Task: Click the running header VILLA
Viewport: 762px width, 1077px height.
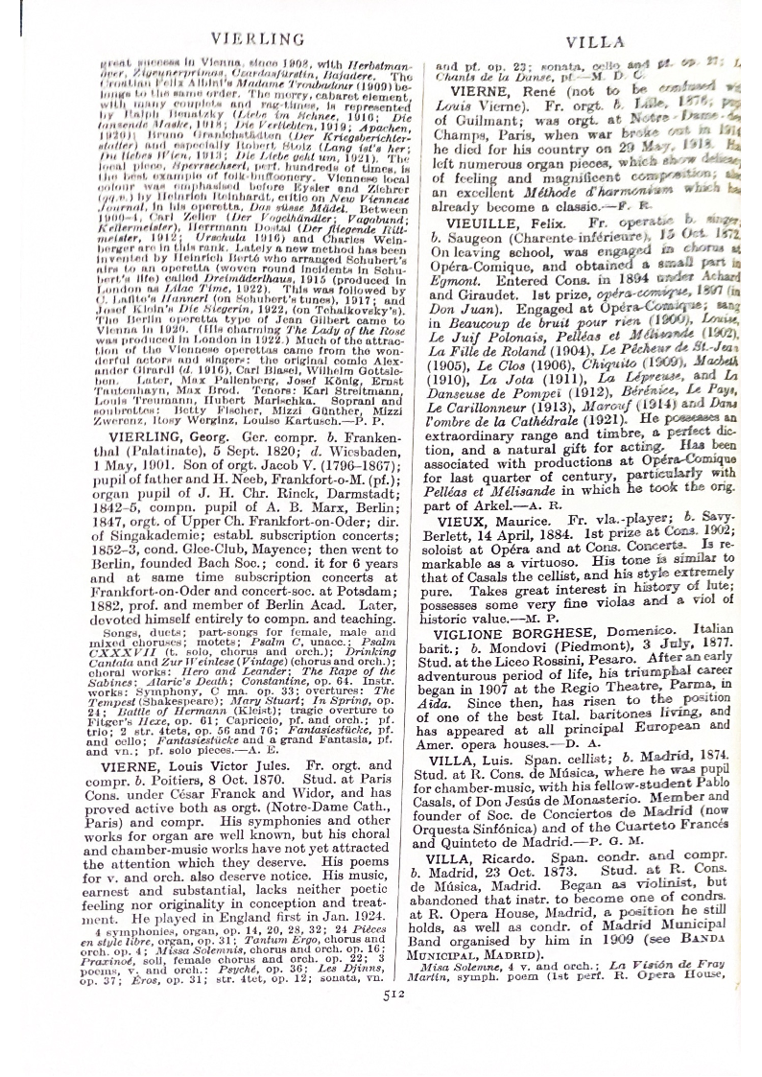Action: pos(595,41)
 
